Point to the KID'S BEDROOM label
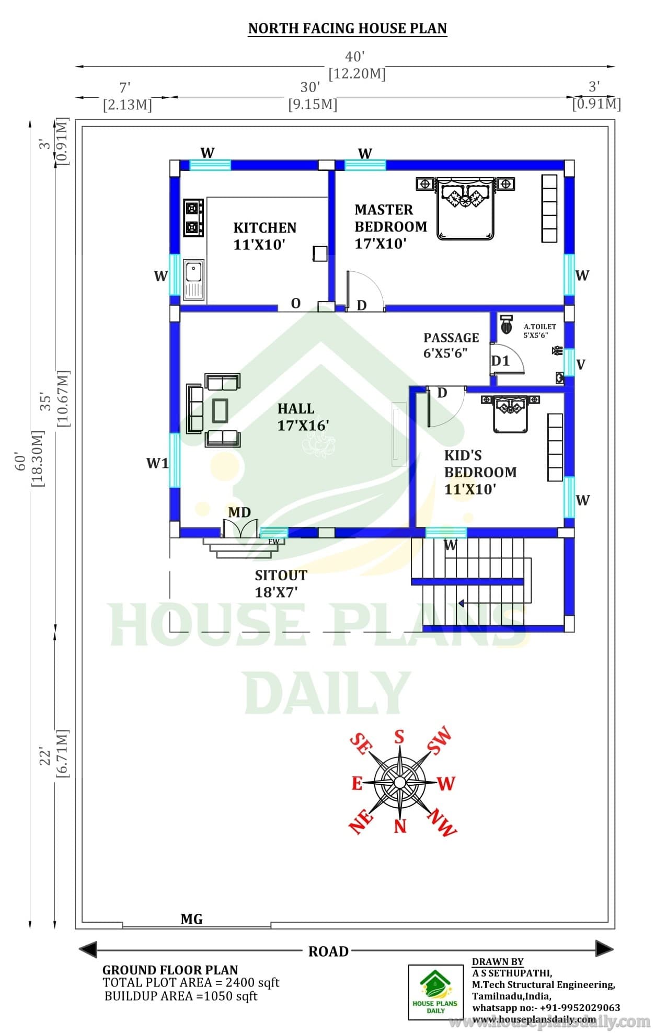pos(480,472)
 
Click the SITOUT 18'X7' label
pos(281,583)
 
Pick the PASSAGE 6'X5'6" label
pos(451,345)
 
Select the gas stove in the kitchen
pos(193,217)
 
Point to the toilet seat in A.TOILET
pos(506,325)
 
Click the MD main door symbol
pos(240,528)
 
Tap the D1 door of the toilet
pos(507,359)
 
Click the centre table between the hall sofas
pos(220,410)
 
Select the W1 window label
pos(157,463)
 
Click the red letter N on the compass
pos(400,826)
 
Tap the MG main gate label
pos(191,919)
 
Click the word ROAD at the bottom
pos(328,951)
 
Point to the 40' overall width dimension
pos(355,56)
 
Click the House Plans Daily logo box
pos(435,992)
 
